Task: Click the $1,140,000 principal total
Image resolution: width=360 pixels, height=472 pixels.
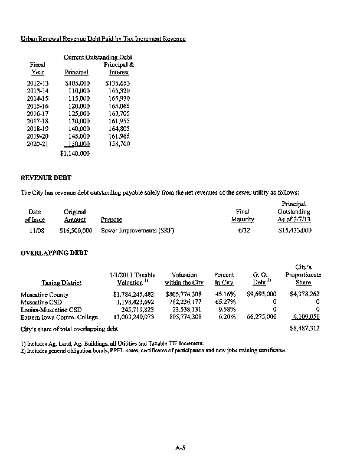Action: point(75,153)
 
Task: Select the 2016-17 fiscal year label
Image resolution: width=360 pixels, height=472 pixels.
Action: point(38,113)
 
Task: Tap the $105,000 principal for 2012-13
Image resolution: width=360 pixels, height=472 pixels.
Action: point(77,83)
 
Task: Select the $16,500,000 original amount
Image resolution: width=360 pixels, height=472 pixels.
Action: point(76,231)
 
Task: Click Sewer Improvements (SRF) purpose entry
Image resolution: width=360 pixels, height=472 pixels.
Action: point(133,231)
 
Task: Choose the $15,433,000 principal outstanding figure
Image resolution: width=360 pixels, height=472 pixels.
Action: point(294,231)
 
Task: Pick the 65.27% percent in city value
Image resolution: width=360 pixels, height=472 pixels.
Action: point(224,302)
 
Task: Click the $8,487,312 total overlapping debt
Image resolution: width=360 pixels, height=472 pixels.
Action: point(305,328)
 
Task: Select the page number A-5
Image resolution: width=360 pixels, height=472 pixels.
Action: point(181,449)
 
